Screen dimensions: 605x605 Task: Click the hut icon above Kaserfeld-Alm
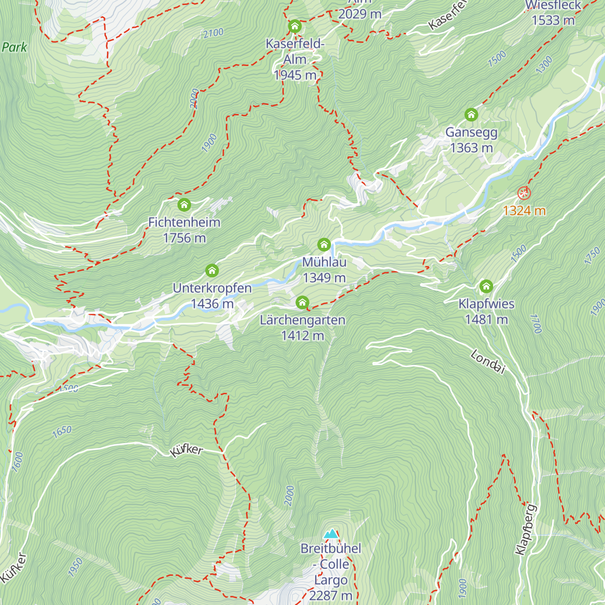(294, 26)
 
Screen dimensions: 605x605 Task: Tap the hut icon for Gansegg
(471, 114)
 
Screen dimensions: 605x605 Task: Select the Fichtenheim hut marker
(184, 205)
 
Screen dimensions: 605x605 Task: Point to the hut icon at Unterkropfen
(212, 271)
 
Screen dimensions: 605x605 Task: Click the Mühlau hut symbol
(324, 245)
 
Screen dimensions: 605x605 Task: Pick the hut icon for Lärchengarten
(302, 302)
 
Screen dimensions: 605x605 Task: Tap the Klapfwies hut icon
(486, 286)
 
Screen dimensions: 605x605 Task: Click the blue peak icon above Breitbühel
(331, 533)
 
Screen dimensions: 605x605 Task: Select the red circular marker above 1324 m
(524, 193)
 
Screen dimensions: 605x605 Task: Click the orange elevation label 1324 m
(524, 211)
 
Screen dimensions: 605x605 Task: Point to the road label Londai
(488, 362)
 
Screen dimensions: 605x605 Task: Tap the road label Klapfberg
(526, 529)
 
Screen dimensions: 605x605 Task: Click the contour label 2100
(213, 33)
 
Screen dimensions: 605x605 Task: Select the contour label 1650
(62, 432)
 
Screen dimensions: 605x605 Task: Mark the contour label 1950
(75, 568)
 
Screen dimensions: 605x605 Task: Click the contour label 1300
(544, 65)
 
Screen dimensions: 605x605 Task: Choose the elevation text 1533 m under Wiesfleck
(553, 20)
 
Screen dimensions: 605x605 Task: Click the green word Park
(14, 47)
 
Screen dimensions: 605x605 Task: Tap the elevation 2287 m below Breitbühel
(331, 595)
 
